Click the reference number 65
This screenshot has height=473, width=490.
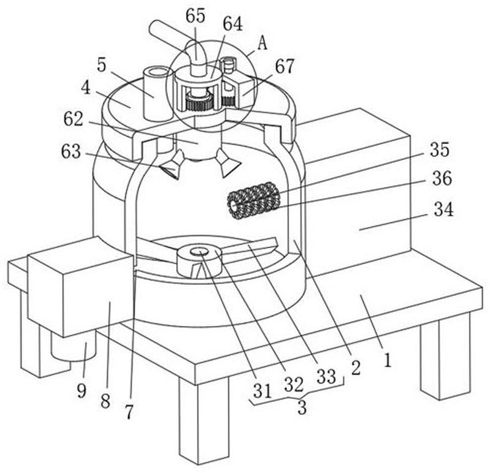click(x=195, y=15)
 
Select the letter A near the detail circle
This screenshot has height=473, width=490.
click(x=262, y=43)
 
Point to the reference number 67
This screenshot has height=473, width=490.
click(x=285, y=66)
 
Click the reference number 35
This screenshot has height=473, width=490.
click(x=439, y=149)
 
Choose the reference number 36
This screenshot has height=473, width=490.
click(x=442, y=178)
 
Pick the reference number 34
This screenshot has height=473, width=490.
click(x=443, y=209)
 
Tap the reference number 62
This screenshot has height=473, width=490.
click(x=74, y=119)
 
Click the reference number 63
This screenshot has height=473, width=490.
click(x=71, y=151)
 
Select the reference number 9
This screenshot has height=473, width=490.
click(x=82, y=390)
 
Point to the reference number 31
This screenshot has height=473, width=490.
click(x=262, y=390)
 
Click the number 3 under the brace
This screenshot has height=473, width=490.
click(x=302, y=407)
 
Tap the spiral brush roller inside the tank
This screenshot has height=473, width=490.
click(x=253, y=200)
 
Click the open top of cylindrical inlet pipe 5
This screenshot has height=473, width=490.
click(x=158, y=72)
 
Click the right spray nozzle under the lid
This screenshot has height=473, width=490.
click(x=228, y=163)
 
